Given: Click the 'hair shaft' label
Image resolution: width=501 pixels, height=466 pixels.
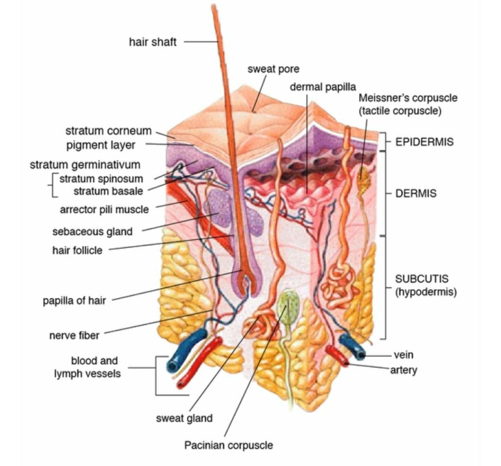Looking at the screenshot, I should pos(152,42).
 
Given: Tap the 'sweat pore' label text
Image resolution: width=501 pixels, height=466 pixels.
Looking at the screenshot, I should pos(273,69).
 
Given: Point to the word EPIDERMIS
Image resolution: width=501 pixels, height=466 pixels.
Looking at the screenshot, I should pos(424,142).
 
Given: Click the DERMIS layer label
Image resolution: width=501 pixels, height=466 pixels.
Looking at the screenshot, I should pos(416,193).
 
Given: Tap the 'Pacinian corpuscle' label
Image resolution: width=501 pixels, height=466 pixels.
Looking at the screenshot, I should pos(228,445).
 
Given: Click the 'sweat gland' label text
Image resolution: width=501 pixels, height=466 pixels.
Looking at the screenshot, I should pos(184,418).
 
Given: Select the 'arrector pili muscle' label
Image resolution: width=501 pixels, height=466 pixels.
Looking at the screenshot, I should pos(104,210).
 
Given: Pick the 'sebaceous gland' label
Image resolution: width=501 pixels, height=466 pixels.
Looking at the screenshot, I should pos(92,231).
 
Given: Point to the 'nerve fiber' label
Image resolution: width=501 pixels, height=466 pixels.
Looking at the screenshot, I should pos(74,336).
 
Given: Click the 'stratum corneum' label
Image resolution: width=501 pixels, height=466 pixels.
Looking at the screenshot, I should pos(108,131).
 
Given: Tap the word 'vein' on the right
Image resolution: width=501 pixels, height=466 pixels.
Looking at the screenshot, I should pos(403,355).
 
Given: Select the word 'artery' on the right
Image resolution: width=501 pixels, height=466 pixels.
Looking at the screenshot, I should pos(404,370).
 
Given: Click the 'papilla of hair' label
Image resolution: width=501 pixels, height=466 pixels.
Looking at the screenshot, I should pos(74,299).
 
